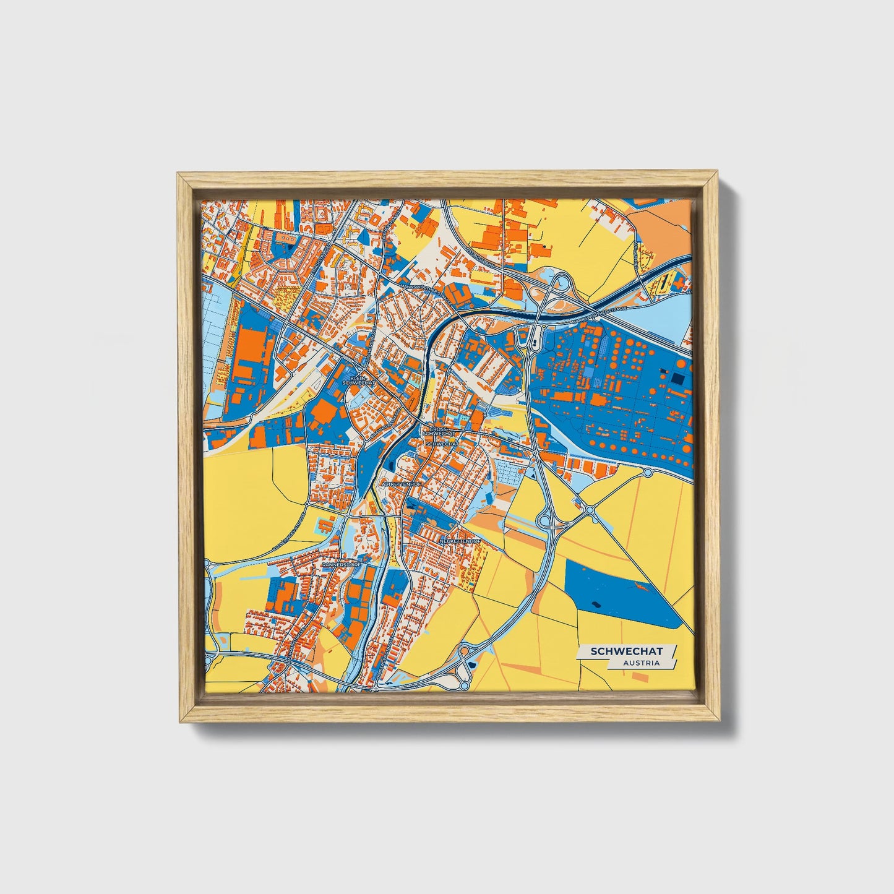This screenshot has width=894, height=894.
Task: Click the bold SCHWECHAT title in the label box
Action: click(626, 651)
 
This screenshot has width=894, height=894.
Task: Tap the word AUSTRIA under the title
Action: click(641, 663)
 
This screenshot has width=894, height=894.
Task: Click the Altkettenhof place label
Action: click(402, 484)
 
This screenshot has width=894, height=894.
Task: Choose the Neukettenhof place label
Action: click(460, 541)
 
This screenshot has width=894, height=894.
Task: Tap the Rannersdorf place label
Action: click(340, 565)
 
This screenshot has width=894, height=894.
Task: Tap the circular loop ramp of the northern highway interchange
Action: click(561, 283)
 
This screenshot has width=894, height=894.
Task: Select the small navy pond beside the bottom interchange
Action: click(473, 664)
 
